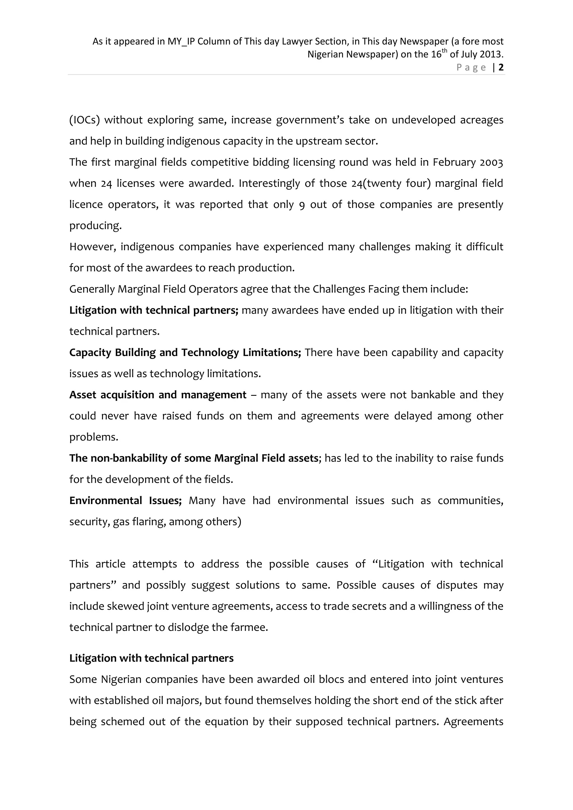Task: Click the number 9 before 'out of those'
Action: tap(302, 205)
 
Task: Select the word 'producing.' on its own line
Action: tap(95, 226)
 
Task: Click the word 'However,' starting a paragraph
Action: tap(92, 247)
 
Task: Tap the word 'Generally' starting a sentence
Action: tap(92, 289)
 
